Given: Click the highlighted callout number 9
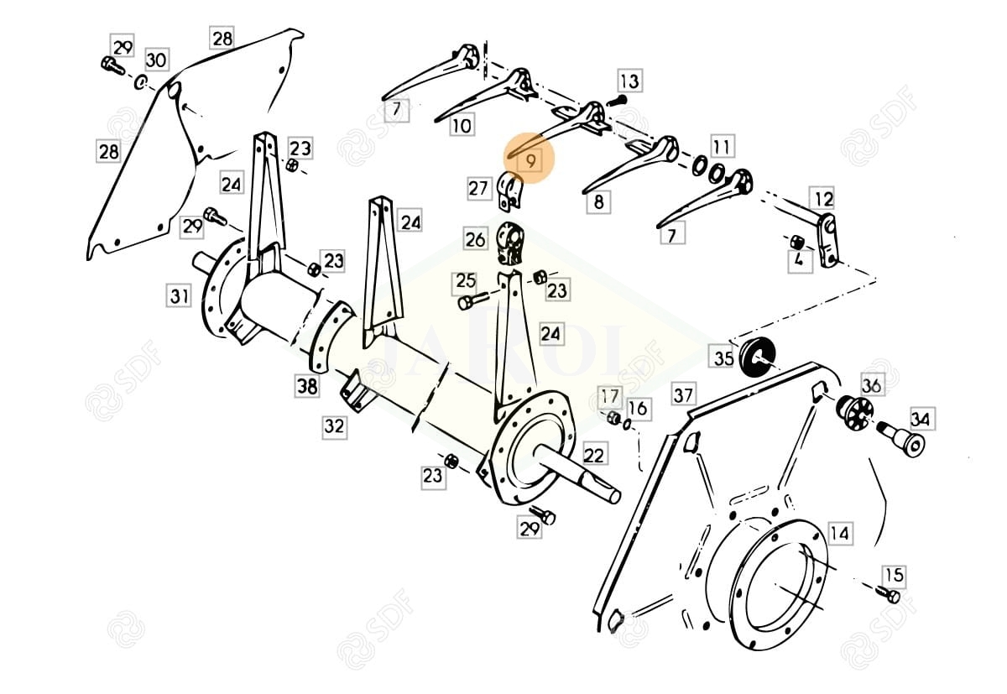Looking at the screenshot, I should pos(530,158).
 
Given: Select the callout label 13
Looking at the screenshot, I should pos(629,81).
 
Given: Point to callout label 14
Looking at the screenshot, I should pos(838,533).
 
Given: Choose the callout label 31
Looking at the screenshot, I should pos(179,295).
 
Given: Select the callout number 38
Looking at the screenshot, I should pos(307,386).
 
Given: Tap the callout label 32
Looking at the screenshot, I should pos(334,425).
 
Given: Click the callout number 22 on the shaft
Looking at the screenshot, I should pos(593,455).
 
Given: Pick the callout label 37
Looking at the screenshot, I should pos(683,393).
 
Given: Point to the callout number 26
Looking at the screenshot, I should pos(475,239).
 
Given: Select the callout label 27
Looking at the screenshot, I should pos(478,188).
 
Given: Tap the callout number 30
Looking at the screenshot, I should pos(156,60).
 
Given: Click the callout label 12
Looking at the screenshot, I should pos(823,199).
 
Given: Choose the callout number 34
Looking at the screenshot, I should pos(920,418).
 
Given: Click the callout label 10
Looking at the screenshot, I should pos(462,125).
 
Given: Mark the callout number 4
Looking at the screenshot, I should pos(799,261).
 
